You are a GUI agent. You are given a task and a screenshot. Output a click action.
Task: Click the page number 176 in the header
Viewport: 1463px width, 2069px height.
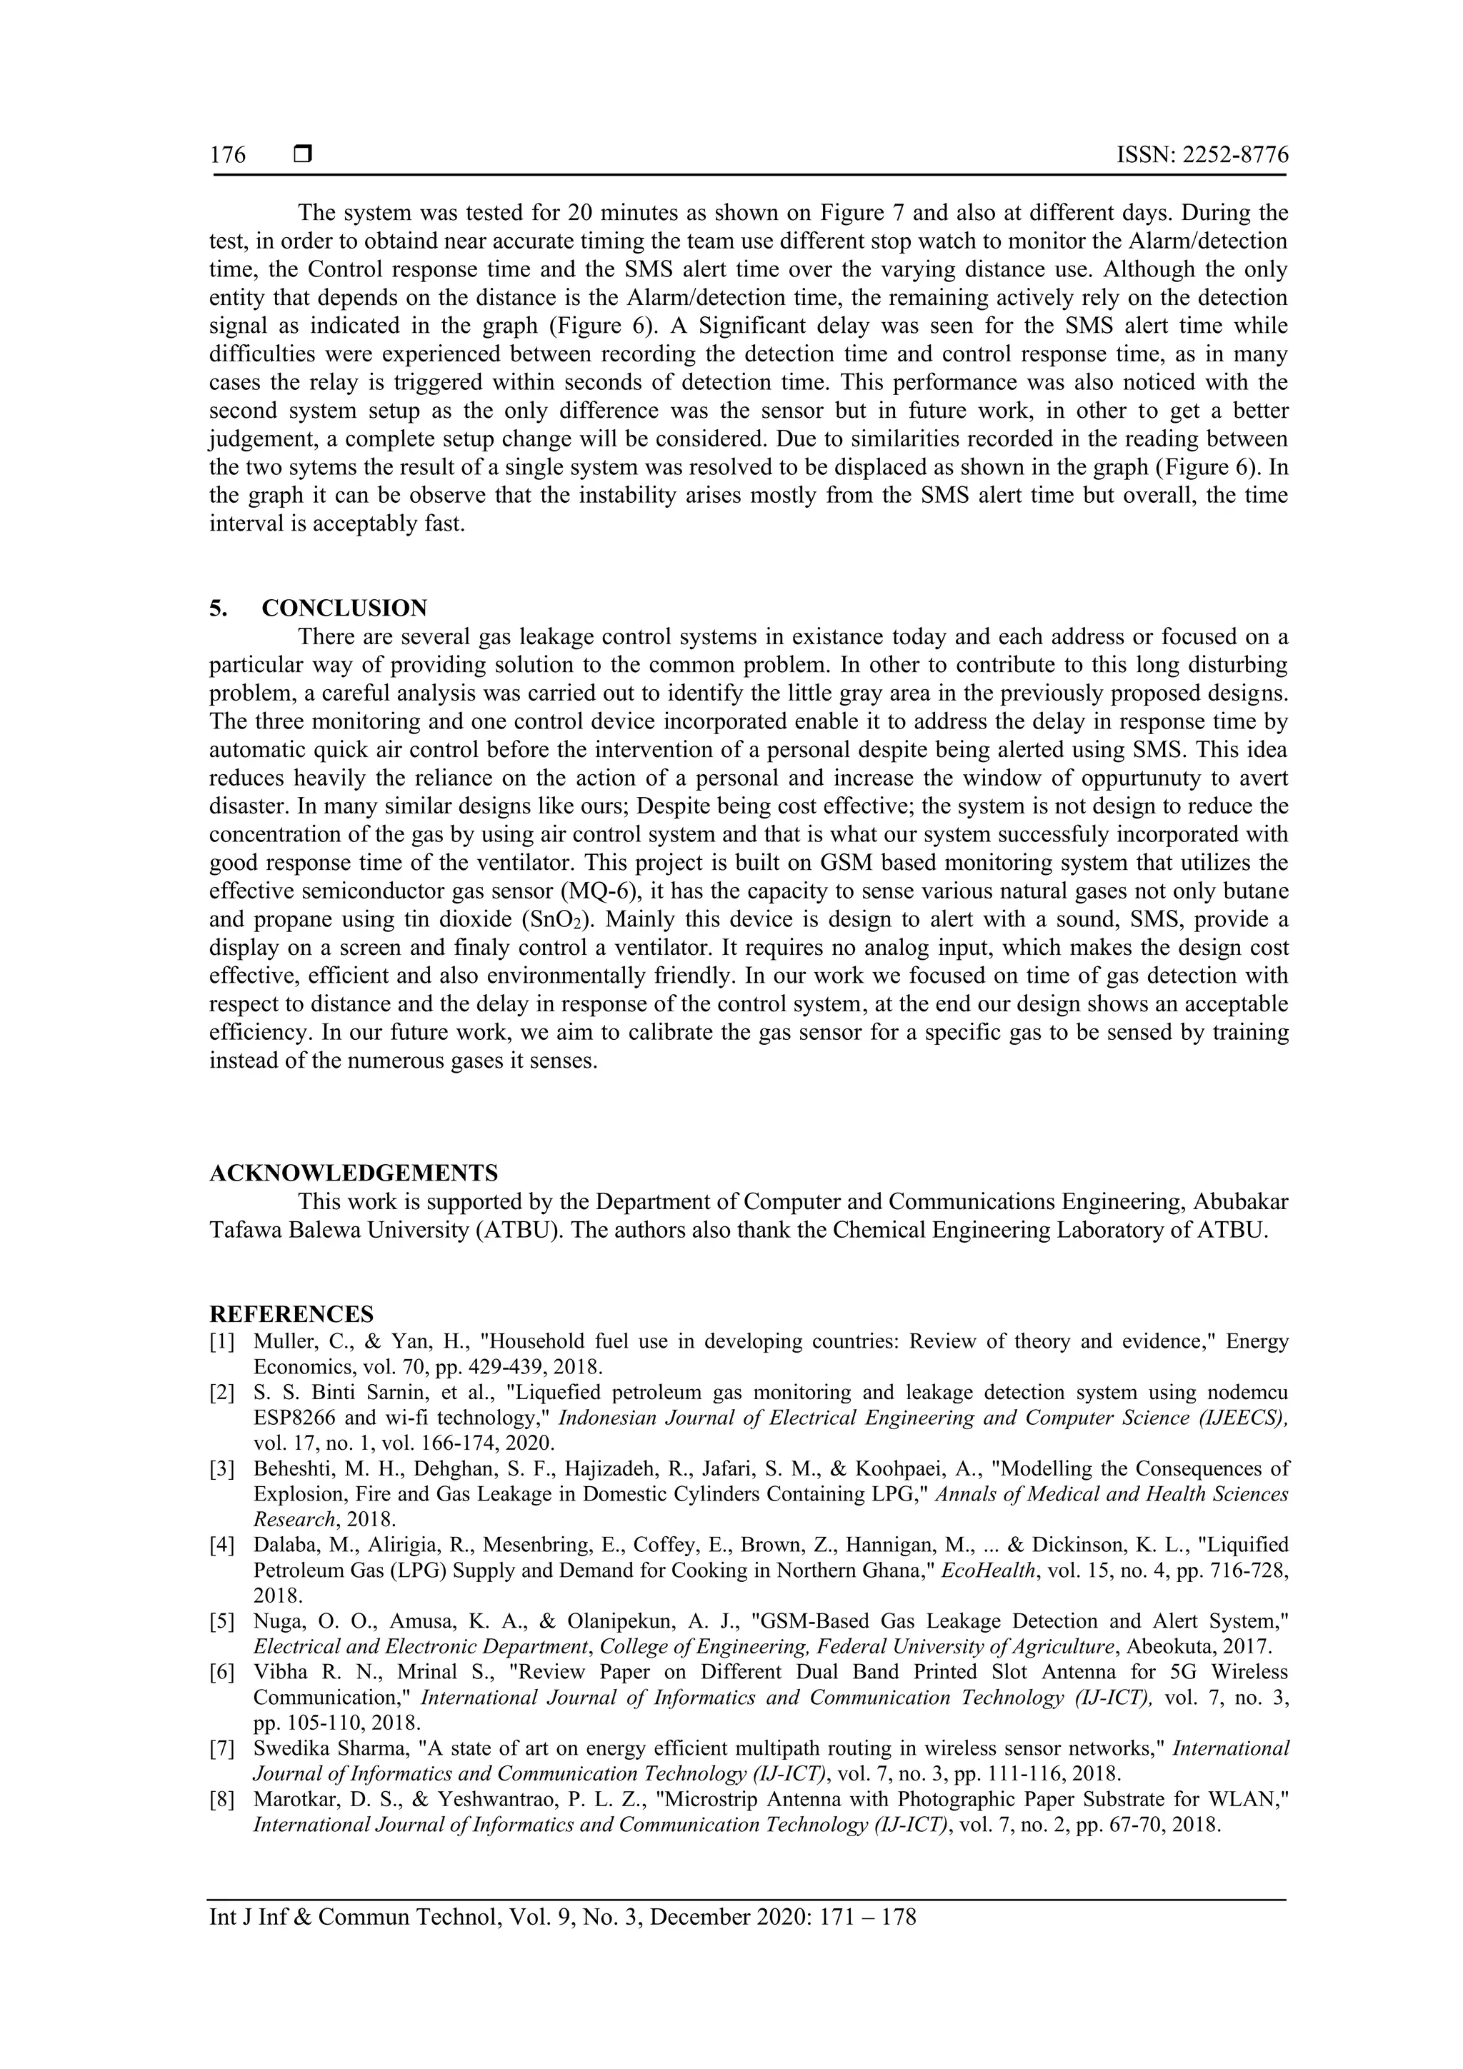pos(227,156)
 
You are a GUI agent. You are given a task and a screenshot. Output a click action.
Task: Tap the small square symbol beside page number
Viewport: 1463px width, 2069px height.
pos(302,155)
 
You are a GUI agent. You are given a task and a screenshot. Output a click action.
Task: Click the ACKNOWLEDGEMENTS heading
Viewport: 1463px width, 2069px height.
pos(354,1173)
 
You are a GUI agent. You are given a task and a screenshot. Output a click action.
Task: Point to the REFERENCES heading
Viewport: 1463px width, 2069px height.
pos(291,1313)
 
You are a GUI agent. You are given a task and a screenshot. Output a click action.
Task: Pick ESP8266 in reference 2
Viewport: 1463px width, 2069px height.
pos(296,1418)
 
